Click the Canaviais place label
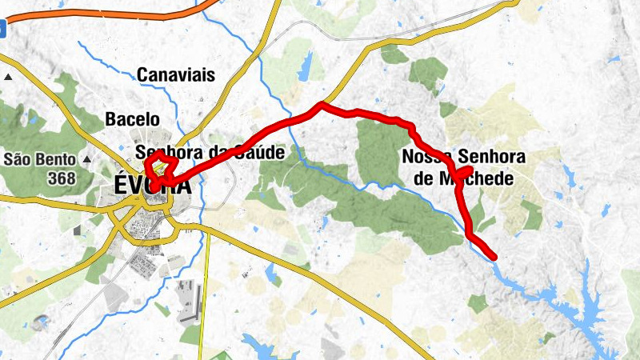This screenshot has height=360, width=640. (176, 75)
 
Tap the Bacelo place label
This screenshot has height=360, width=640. (132, 120)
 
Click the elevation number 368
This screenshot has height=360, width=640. (62, 177)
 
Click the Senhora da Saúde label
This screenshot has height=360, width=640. (210, 152)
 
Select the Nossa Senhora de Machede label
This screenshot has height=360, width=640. (463, 166)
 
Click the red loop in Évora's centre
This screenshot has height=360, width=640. (158, 169)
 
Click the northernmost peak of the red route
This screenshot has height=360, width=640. (322, 105)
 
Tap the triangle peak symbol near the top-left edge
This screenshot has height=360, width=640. (8, 78)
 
